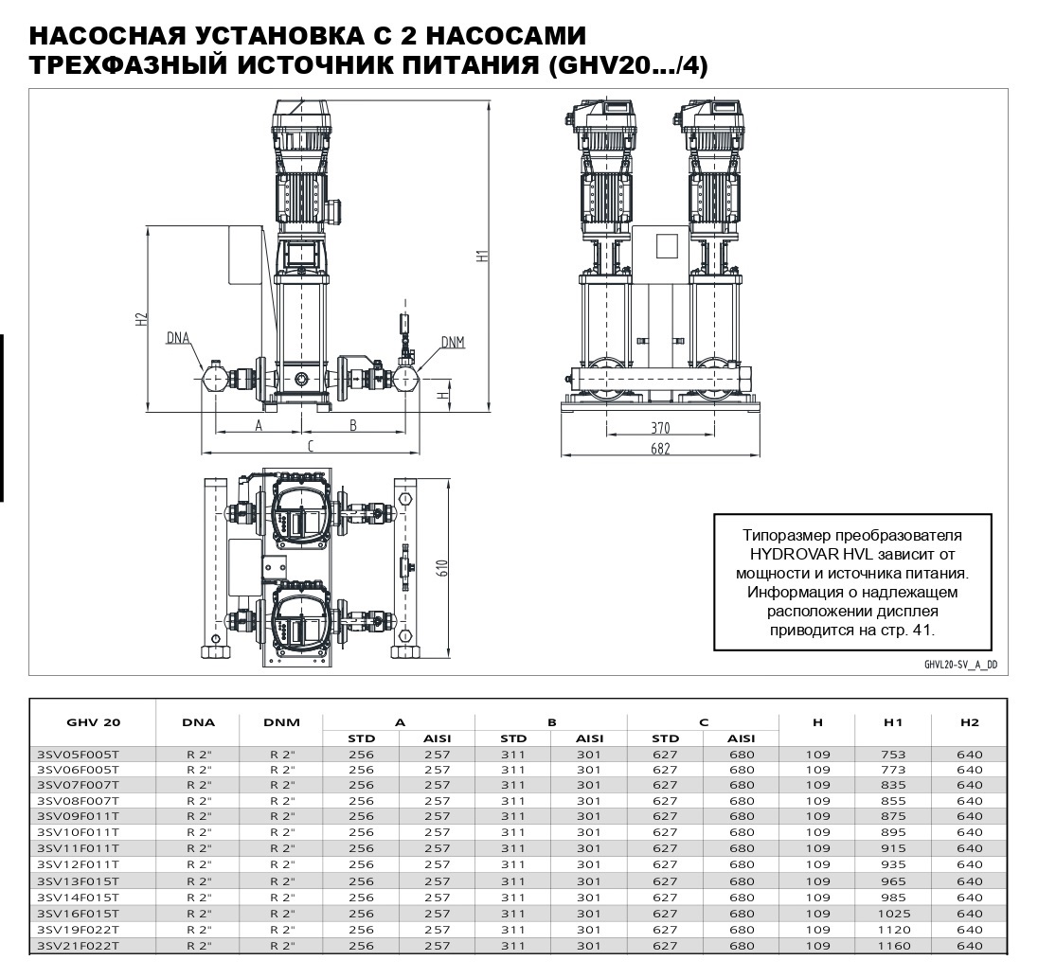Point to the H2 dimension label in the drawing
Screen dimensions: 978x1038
point(141,319)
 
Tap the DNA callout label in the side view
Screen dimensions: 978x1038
point(178,337)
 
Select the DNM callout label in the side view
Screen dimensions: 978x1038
point(453,342)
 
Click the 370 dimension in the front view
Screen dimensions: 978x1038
point(659,428)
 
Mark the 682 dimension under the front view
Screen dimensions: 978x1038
point(659,449)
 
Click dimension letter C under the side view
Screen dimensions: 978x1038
point(310,445)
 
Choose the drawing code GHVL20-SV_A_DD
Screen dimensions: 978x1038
point(960,665)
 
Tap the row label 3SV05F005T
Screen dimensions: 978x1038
point(78,755)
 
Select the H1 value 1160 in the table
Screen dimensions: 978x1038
point(893,946)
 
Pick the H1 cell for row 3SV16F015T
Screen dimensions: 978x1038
point(893,914)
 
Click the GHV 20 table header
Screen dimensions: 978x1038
point(93,722)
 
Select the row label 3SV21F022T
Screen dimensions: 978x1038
point(78,946)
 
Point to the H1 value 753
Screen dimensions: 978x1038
point(893,755)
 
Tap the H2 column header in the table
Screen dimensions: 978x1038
point(969,722)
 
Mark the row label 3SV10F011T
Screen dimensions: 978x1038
point(78,832)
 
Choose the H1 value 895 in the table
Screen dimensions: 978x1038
point(893,832)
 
